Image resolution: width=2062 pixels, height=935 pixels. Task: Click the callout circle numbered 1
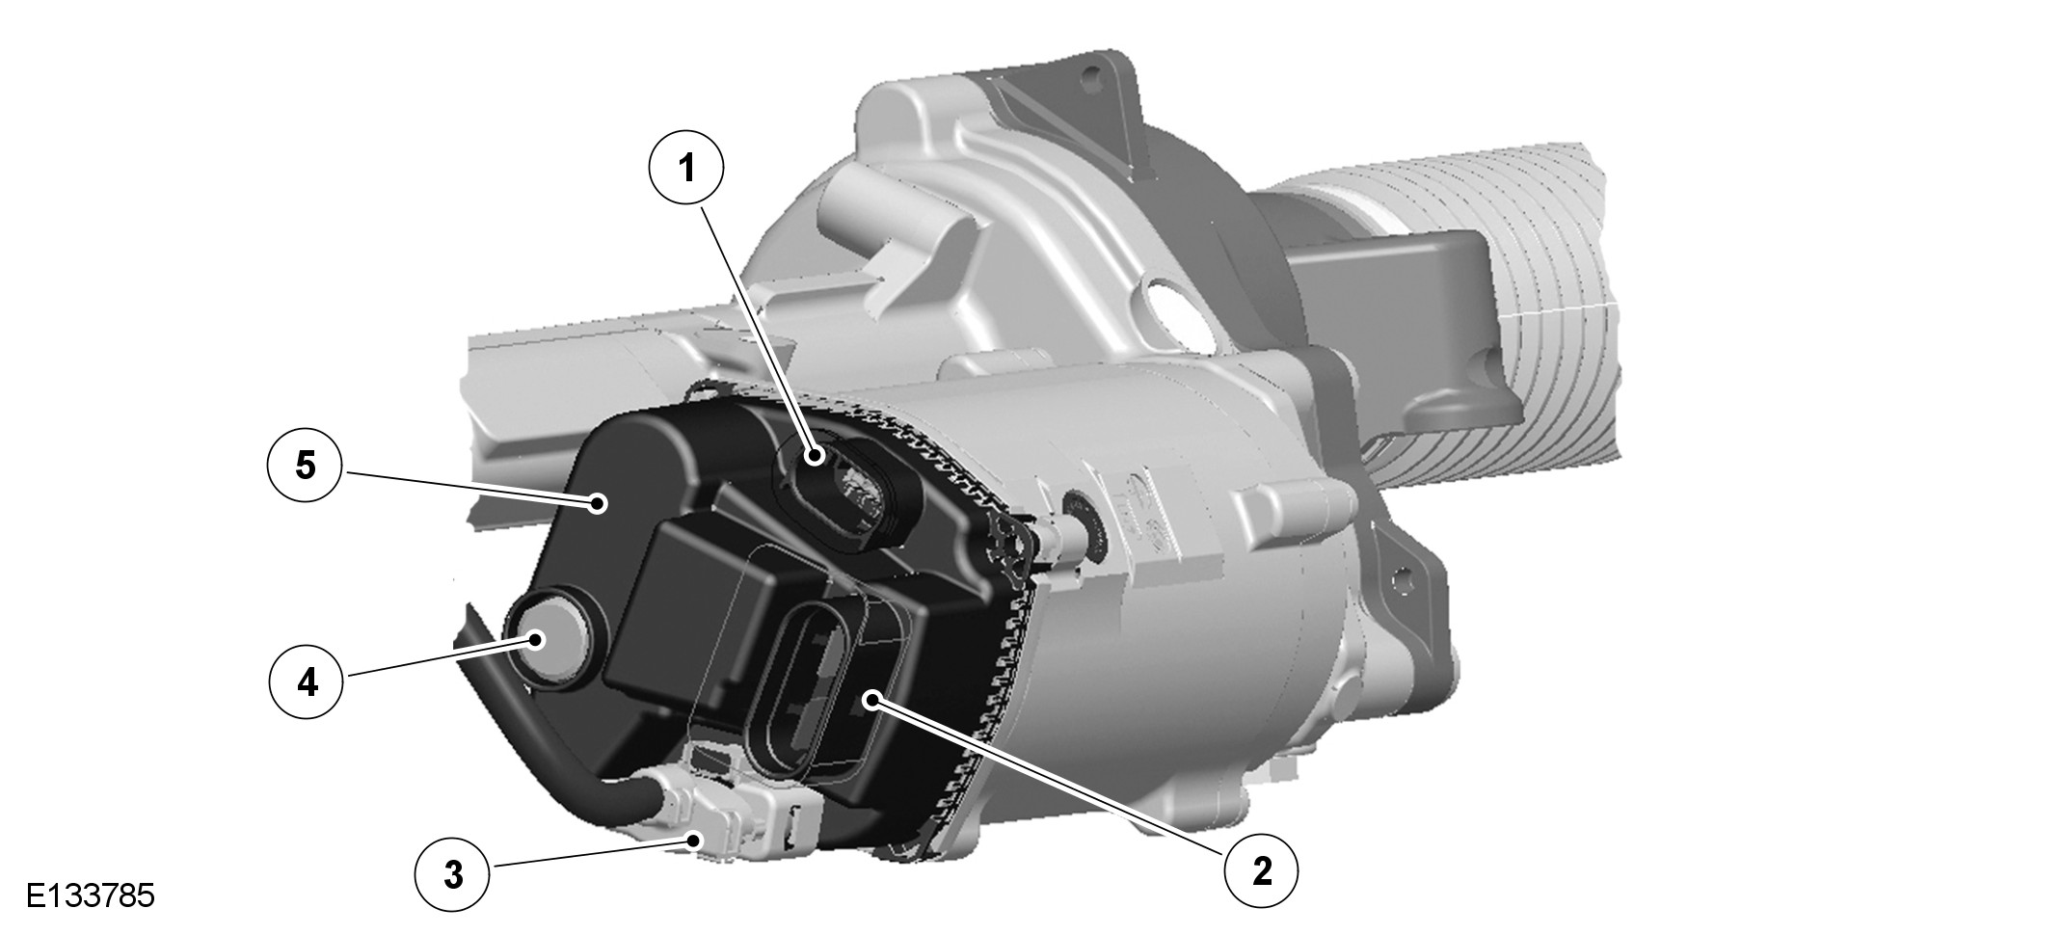point(686,168)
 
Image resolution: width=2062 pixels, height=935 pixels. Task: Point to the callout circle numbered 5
point(305,467)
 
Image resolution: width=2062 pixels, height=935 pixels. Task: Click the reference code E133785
point(91,895)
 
